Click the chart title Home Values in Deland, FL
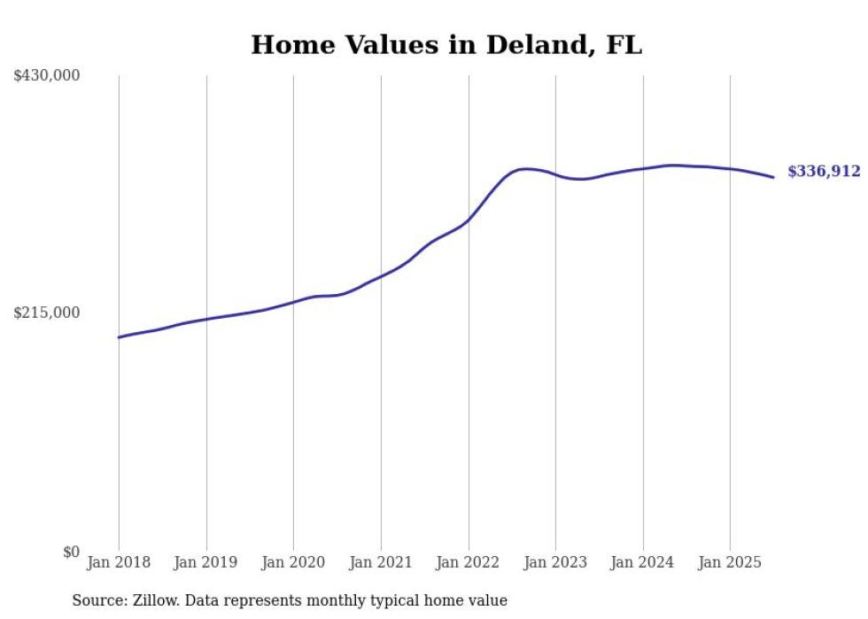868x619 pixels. pyautogui.click(x=446, y=44)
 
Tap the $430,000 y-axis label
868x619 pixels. pyautogui.click(x=46, y=76)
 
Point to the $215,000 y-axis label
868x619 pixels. pyautogui.click(x=46, y=313)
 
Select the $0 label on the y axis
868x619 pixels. pyautogui.click(x=71, y=552)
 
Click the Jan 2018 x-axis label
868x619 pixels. pyautogui.click(x=119, y=562)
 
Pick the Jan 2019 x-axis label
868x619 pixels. pyautogui.click(x=206, y=562)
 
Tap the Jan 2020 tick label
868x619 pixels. pyautogui.click(x=293, y=562)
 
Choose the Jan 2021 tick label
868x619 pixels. pyautogui.click(x=381, y=562)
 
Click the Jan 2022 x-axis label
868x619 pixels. pyautogui.click(x=469, y=562)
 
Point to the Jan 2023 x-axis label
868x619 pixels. pyautogui.click(x=555, y=562)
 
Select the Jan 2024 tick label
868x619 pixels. pyautogui.click(x=643, y=562)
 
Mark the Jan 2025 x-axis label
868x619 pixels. pyautogui.click(x=730, y=562)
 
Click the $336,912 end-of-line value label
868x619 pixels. pyautogui.click(x=824, y=172)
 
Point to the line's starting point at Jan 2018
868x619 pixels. pyautogui.click(x=119, y=337)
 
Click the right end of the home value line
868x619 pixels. pyautogui.click(x=773, y=177)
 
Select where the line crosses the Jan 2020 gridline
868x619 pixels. pyautogui.click(x=293, y=302)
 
